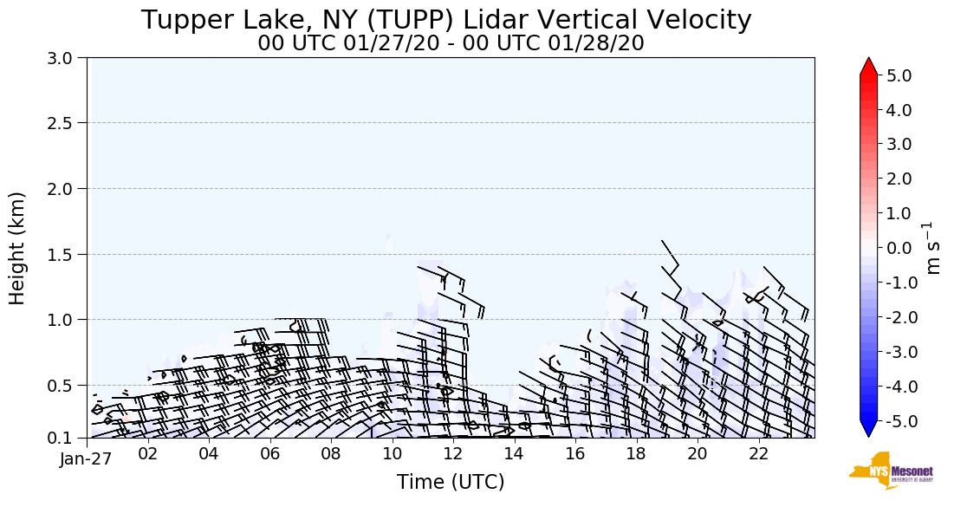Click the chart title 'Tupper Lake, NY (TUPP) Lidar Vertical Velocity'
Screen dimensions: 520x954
point(446,20)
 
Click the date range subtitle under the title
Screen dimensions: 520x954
point(451,43)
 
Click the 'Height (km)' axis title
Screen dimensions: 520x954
point(18,248)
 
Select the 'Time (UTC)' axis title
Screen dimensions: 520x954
point(451,482)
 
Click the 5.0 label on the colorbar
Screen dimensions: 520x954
point(899,75)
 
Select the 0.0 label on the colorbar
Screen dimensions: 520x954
point(899,248)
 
